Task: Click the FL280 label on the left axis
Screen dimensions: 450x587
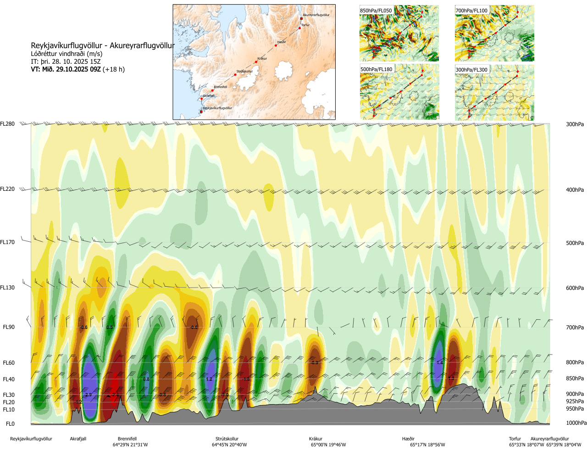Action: (7, 124)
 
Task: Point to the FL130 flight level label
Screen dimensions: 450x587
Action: (7, 288)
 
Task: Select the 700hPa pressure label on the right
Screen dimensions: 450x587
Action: (575, 328)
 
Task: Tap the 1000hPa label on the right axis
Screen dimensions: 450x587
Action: (576, 423)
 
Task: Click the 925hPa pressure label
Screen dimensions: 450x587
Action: (575, 401)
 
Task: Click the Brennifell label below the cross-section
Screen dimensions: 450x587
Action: (127, 439)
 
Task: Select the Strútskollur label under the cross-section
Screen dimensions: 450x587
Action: (227, 439)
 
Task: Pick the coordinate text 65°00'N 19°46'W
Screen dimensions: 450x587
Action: (328, 445)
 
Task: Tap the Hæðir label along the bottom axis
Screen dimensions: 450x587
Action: (408, 439)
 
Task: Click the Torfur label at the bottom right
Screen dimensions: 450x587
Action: (515, 439)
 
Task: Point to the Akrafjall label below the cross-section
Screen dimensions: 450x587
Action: (78, 439)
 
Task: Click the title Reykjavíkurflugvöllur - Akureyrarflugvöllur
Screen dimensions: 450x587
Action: (103, 46)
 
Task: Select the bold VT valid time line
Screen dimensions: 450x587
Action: (78, 70)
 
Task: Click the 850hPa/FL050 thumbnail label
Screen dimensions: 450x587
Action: (376, 11)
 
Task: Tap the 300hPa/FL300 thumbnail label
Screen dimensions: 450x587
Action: (471, 70)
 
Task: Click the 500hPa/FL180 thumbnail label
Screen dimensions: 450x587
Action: (377, 70)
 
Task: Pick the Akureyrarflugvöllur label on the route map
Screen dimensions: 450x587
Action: (316, 15)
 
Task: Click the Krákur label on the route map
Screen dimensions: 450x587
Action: (262, 59)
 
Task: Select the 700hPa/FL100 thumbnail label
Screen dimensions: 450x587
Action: (471, 11)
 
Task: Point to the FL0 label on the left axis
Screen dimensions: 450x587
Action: (10, 424)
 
